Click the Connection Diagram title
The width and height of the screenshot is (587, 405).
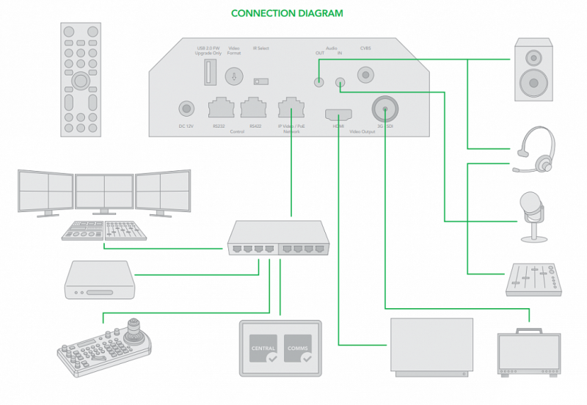point(287,13)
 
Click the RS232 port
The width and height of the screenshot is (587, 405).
point(221,109)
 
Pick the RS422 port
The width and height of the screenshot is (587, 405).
point(253,109)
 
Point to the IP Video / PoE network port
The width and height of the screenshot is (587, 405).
point(291,109)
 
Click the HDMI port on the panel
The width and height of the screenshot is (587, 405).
point(338,114)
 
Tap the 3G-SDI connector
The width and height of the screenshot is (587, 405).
point(384,110)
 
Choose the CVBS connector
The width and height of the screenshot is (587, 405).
point(365,74)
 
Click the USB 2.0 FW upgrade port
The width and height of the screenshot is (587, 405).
point(208,73)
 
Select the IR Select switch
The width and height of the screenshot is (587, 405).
point(259,81)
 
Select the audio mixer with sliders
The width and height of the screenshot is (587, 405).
point(533,278)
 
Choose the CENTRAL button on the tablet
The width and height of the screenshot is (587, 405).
point(263,350)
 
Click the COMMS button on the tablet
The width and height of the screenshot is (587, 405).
point(298,350)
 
